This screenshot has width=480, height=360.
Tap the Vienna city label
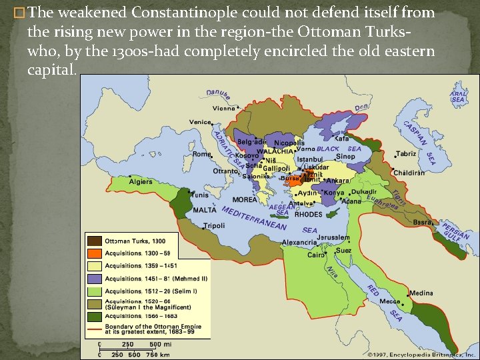click(x=223, y=108)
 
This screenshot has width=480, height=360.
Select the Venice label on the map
click(x=199, y=123)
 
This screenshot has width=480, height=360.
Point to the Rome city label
click(x=201, y=154)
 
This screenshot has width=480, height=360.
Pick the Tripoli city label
click(x=214, y=226)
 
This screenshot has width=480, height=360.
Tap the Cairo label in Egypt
click(x=315, y=255)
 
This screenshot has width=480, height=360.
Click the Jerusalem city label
click(x=333, y=237)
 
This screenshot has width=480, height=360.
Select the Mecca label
click(x=390, y=301)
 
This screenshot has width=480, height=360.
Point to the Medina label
click(x=421, y=293)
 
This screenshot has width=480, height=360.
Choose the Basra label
click(x=423, y=222)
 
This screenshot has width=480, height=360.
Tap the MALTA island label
click(x=205, y=209)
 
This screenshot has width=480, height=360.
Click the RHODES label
click(x=308, y=215)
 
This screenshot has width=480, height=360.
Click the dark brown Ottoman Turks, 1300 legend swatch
click(x=94, y=241)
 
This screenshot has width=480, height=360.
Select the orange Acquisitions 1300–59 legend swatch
click(x=94, y=253)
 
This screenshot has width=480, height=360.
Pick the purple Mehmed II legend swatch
click(x=94, y=279)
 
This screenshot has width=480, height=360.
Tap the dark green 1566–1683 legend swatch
click(x=94, y=317)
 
